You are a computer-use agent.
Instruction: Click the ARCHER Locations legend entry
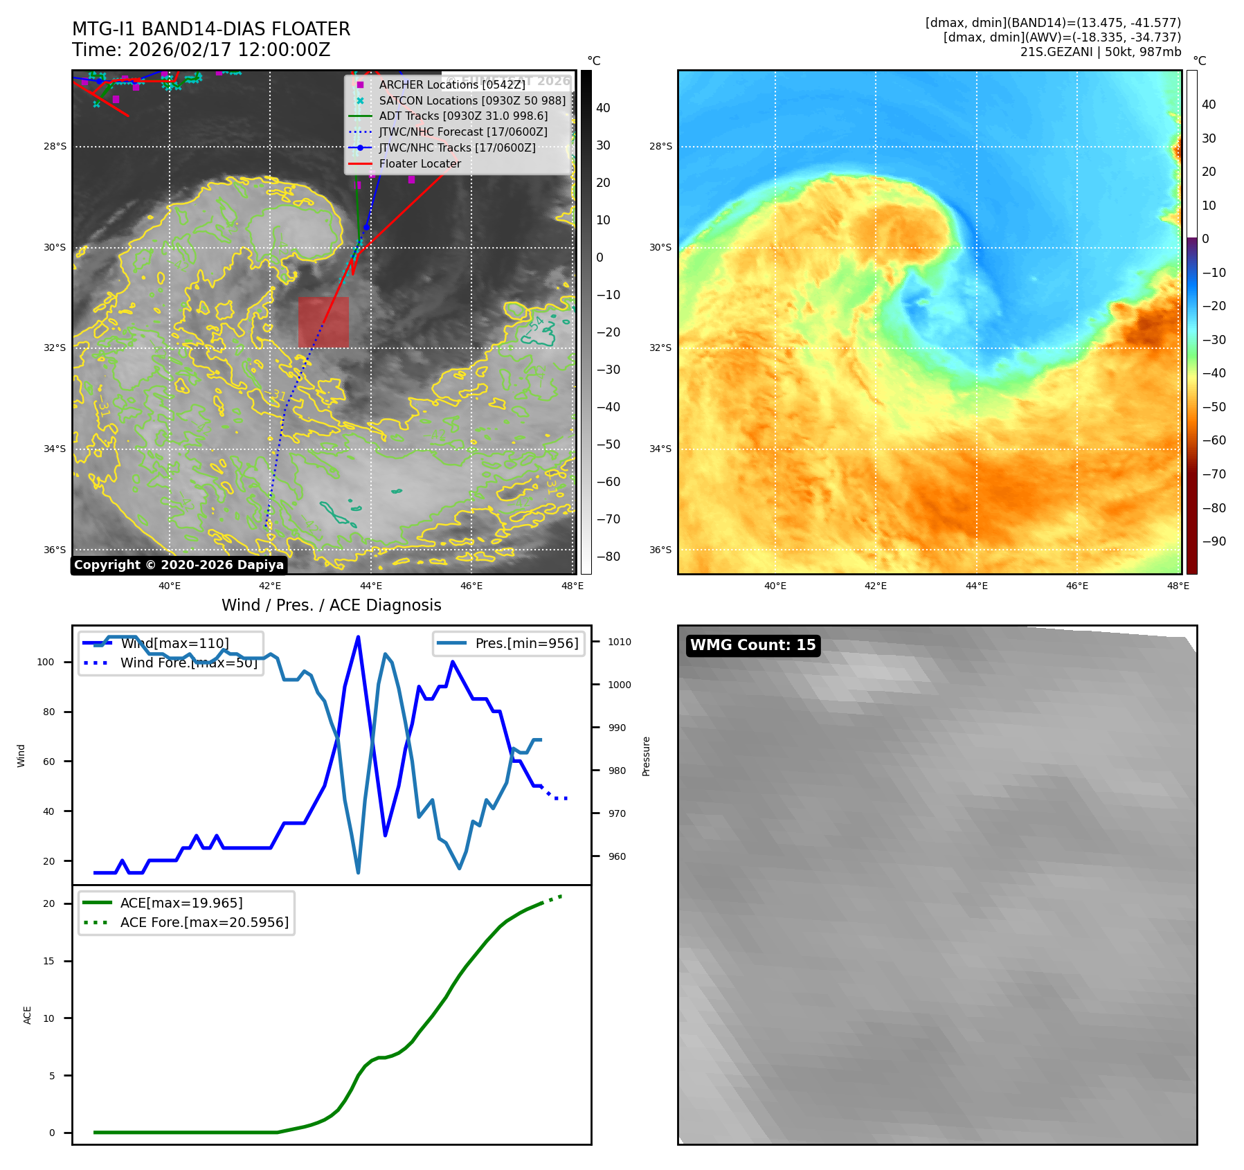pos(451,84)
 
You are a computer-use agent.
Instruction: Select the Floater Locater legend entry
pos(420,163)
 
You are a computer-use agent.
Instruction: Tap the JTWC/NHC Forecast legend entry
pos(462,132)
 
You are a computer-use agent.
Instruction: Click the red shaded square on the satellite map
pos(323,322)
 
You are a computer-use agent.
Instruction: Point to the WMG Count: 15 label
pos(752,645)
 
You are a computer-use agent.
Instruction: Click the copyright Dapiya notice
pos(179,565)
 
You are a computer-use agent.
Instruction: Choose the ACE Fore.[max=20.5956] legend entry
pos(204,922)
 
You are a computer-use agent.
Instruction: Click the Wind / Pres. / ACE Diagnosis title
pos(331,605)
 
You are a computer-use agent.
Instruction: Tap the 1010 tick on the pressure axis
pos(620,642)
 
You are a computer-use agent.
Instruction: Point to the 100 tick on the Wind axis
pos(45,662)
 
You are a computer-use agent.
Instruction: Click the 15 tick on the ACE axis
pos(48,961)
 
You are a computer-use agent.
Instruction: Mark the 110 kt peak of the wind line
pos(358,637)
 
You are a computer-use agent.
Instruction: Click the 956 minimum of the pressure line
pos(358,872)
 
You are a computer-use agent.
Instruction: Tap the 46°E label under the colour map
pos(1076,586)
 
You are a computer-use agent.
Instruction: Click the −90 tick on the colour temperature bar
pos(1214,541)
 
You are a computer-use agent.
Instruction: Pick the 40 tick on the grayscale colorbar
pos(603,108)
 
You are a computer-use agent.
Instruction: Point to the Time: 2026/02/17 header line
pos(201,50)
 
